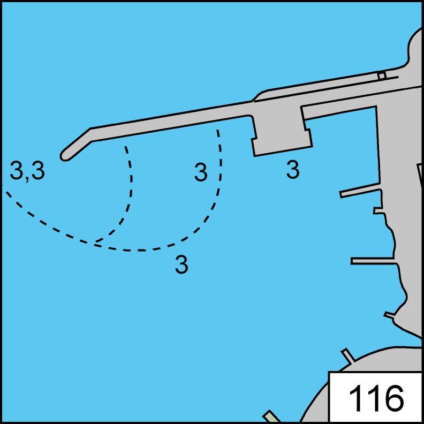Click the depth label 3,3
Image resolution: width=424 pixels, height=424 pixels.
pos(27,170)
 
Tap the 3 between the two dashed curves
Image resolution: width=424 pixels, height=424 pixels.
pos(201,172)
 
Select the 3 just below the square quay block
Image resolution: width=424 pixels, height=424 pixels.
pos(293,170)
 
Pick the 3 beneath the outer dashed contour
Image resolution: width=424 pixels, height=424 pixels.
pos(181,264)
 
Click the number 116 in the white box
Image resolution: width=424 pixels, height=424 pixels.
pos(376,398)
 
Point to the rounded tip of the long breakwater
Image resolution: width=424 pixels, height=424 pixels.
pos(64,157)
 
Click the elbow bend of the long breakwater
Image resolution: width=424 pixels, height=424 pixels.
pos(91,134)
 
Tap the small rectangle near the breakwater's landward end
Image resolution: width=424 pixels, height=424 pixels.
pos(382,75)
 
